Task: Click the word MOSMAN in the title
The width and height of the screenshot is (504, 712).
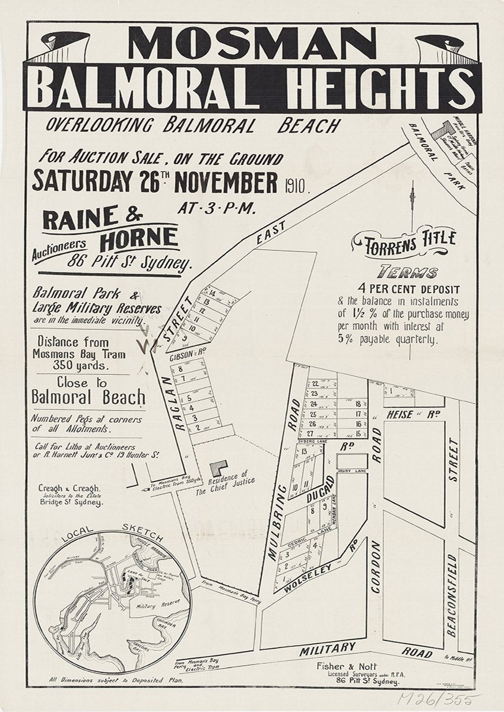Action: click(251, 45)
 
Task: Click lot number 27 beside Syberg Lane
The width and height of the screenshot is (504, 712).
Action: click(310, 434)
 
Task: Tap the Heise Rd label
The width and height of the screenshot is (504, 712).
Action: click(411, 414)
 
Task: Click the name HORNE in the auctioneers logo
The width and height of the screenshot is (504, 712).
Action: click(139, 239)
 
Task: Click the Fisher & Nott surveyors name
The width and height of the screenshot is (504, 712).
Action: click(358, 666)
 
